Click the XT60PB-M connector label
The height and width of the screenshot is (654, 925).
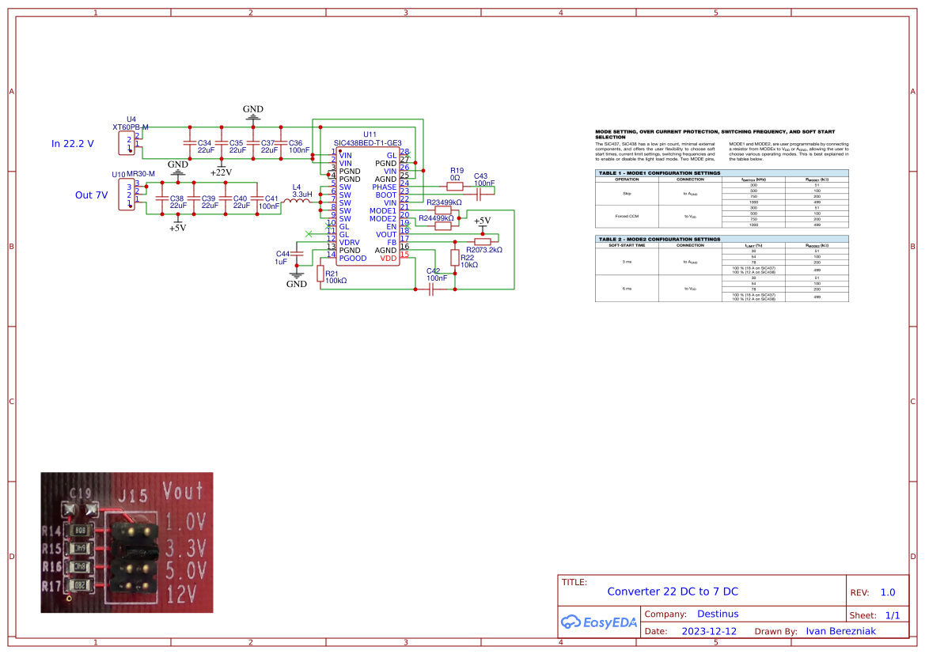tap(131, 127)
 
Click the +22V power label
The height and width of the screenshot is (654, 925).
tap(221, 172)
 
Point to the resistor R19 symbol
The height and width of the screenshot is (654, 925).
tap(455, 187)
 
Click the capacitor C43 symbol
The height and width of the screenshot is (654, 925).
tap(480, 195)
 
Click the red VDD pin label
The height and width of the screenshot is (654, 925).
tap(388, 259)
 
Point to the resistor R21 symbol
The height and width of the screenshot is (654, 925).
tap(320, 274)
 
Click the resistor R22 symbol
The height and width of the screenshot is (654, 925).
tap(455, 257)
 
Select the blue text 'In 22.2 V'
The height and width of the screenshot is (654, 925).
tap(73, 144)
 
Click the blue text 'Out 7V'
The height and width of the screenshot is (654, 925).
tap(91, 195)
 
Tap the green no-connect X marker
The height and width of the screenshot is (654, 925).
tap(309, 233)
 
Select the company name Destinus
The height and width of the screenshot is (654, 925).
tap(718, 614)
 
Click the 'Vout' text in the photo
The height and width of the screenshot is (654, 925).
tap(183, 493)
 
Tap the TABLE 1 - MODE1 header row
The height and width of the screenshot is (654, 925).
tap(721, 172)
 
